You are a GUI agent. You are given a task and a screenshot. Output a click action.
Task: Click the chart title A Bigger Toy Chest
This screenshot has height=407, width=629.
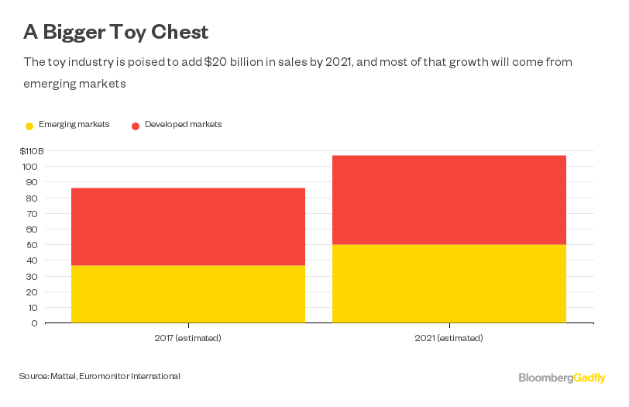[x=115, y=32]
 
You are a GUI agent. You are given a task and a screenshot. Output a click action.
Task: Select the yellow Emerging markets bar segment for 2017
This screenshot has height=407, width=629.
[x=187, y=294]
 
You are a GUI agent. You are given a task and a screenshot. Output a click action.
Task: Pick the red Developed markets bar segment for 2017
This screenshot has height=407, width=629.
[x=187, y=226]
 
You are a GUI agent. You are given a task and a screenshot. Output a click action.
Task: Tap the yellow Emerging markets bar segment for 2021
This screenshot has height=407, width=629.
[x=449, y=283]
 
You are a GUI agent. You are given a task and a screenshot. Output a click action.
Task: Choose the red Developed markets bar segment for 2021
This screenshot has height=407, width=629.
[x=449, y=199]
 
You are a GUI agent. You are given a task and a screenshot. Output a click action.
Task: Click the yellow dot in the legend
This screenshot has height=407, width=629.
[x=29, y=126]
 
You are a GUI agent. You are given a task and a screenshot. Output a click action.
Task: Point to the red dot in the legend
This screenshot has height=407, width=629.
[x=135, y=126]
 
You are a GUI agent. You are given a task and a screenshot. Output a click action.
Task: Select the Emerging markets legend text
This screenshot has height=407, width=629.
[x=74, y=125]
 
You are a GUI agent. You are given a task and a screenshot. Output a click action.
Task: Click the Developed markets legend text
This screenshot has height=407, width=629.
[x=183, y=125]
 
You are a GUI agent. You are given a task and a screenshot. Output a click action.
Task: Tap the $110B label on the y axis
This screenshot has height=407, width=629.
[x=32, y=150]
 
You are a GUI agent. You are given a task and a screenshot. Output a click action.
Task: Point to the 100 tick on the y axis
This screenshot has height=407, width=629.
[x=30, y=167]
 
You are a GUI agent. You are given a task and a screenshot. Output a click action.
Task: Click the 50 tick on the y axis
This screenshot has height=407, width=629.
[x=32, y=245]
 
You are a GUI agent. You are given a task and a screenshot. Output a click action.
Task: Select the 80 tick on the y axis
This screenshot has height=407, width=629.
[x=32, y=198]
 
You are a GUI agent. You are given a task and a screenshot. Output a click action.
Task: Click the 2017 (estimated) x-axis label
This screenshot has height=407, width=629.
[x=187, y=338]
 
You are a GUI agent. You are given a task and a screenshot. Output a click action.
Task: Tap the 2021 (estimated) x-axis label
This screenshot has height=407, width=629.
[x=449, y=338]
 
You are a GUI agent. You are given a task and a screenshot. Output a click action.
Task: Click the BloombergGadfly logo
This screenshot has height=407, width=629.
[x=562, y=378]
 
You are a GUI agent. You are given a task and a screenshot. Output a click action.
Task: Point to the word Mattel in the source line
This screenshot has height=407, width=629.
[x=64, y=376]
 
